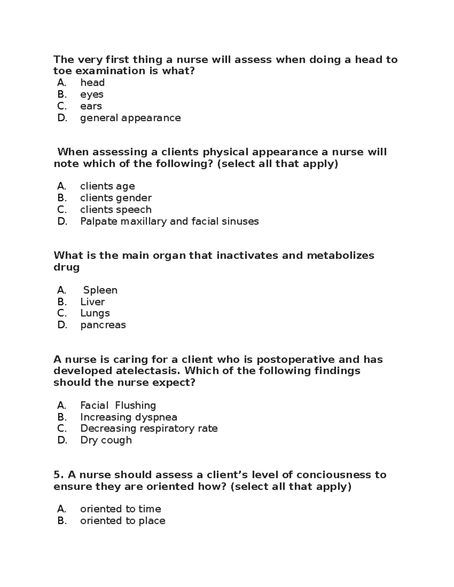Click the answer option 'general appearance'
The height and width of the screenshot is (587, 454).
[130, 118]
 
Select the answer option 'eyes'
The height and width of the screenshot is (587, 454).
[92, 94]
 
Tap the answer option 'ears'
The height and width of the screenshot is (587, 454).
[91, 106]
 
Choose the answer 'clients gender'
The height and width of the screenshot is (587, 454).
[116, 198]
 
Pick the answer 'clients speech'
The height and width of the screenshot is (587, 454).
[116, 210]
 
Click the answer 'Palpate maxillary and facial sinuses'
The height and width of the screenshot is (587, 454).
[169, 221]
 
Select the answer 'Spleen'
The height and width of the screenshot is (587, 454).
[100, 290]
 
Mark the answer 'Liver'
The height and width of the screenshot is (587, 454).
[92, 302]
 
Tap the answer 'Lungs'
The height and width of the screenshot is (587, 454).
[95, 313]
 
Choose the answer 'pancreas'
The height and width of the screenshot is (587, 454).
[103, 325]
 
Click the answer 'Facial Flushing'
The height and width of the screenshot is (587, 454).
[118, 406]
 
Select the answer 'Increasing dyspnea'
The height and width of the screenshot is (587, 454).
[129, 417]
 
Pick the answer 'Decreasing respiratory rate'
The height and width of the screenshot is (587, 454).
[149, 429]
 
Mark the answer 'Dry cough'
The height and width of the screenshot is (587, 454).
[106, 440]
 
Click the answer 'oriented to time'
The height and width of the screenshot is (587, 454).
[120, 509]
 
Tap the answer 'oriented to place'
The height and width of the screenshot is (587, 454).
[123, 521]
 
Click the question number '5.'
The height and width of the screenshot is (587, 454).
[58, 475]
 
